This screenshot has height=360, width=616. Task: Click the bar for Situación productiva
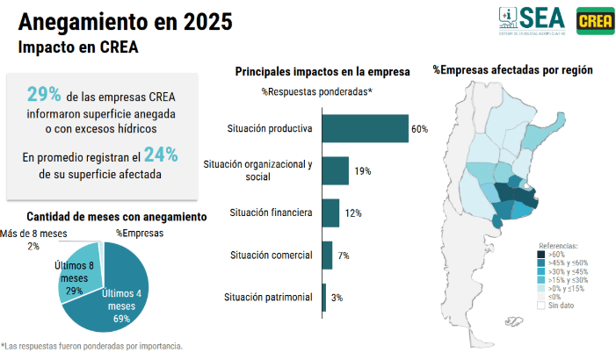pos(365,128)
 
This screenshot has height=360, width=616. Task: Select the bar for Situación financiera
pos(330,212)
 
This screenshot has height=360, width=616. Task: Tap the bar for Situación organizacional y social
pos(336,170)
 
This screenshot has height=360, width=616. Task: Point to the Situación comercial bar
pos(327,255)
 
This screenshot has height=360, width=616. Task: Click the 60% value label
pos(419,129)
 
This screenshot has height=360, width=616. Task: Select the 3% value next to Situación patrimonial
pos(337,298)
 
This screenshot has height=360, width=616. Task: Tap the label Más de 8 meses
pos(33,233)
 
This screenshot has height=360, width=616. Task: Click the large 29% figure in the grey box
pos(44,94)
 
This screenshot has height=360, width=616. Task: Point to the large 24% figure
pos(161,155)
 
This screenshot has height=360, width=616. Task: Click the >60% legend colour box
pos(541,255)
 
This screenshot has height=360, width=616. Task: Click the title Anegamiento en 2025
pos(101,21)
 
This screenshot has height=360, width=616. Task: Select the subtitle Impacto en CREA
pos(78,47)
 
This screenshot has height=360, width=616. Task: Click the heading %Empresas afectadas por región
pos(512,69)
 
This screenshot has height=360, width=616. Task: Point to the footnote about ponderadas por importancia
pos(93,346)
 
